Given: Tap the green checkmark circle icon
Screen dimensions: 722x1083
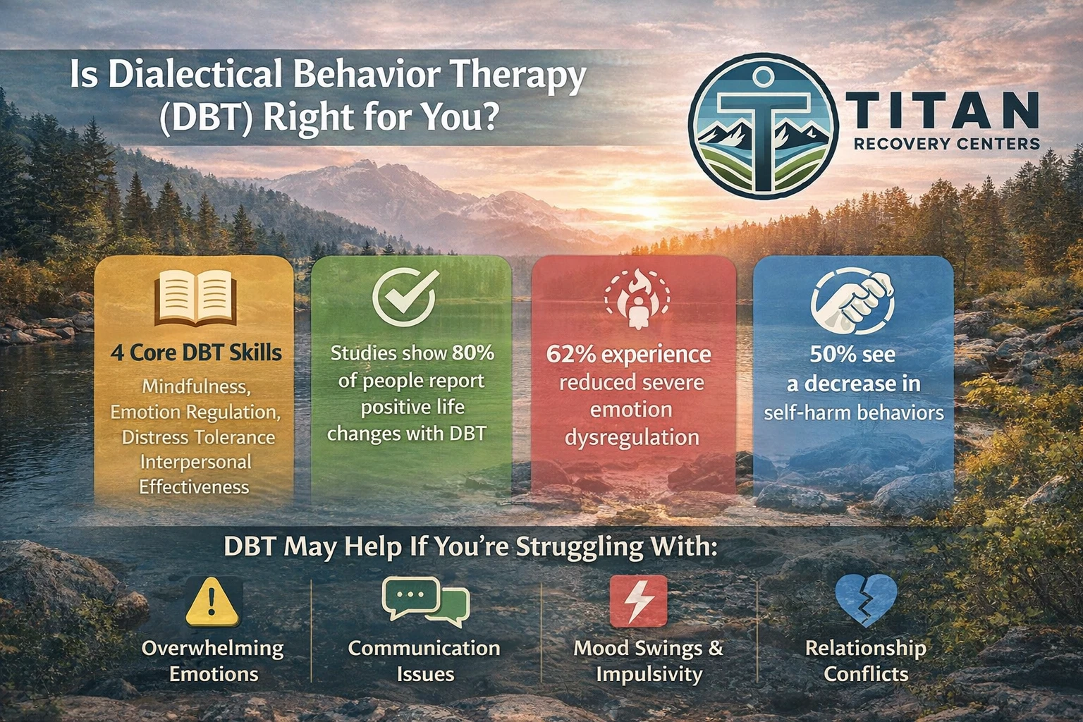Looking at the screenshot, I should pyautogui.click(x=405, y=295).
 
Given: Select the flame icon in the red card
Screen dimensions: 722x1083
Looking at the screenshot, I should pyautogui.click(x=637, y=297).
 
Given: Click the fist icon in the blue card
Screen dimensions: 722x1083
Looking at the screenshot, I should pyautogui.click(x=852, y=300).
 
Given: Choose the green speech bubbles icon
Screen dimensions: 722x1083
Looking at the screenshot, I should pyautogui.click(x=425, y=601).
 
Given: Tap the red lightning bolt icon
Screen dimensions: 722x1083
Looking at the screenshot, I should pyautogui.click(x=638, y=601).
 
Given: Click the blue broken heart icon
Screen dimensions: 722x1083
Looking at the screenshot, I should pyautogui.click(x=865, y=600).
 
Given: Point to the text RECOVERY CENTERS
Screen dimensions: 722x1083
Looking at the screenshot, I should pyautogui.click(x=946, y=145).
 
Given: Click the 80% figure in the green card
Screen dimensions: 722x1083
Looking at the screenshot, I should pyautogui.click(x=473, y=353).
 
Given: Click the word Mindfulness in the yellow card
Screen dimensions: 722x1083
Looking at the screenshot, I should pyautogui.click(x=196, y=386).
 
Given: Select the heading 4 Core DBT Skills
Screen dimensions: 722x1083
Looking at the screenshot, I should pyautogui.click(x=196, y=353).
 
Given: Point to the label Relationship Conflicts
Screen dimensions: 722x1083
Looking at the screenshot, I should pyautogui.click(x=865, y=661).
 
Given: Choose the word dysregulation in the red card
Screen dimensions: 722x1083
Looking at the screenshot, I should pyautogui.click(x=632, y=437).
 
